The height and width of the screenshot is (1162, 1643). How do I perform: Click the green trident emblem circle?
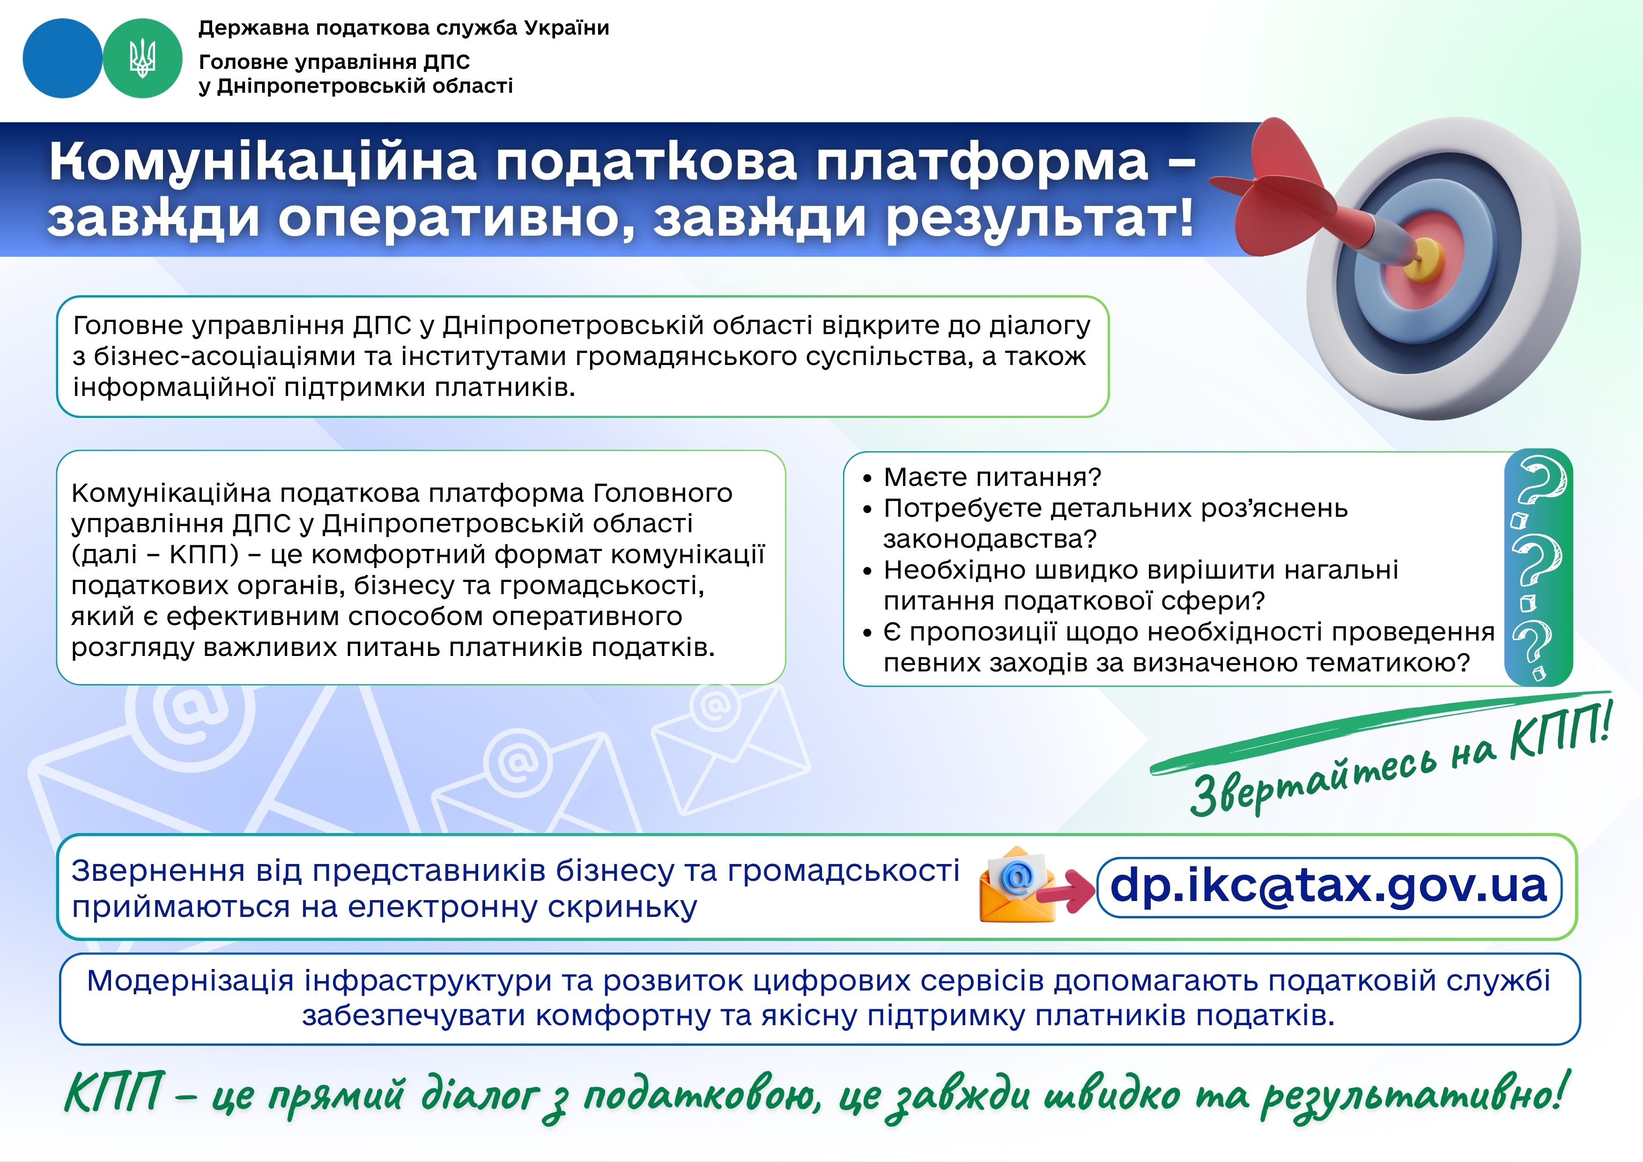coord(142,59)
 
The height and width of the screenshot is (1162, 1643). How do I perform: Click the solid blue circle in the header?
coord(62,59)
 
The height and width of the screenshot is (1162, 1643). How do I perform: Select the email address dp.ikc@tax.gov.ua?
coord(1329,886)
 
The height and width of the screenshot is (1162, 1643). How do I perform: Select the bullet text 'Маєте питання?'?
coord(992,477)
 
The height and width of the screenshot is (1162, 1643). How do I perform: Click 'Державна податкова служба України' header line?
coord(404,28)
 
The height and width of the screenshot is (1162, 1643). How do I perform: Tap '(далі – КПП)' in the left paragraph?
coord(155,555)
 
